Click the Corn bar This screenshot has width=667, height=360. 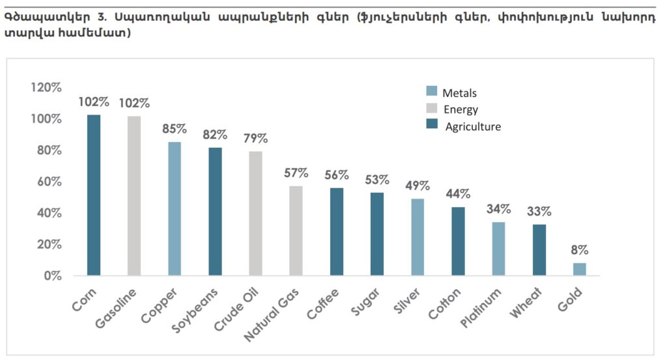94,195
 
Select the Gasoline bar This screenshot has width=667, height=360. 134,196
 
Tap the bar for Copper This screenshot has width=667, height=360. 175,209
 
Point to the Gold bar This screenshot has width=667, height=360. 579,270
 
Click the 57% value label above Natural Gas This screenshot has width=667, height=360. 296,173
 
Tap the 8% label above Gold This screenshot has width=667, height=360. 579,250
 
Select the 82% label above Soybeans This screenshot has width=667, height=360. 215,135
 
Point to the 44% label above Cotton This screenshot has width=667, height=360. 458,194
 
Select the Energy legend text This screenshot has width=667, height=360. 461,109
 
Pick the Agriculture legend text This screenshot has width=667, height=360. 473,127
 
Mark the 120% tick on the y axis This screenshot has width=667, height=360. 46,88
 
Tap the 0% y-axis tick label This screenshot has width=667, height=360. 52,276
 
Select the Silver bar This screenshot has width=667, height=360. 418,237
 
